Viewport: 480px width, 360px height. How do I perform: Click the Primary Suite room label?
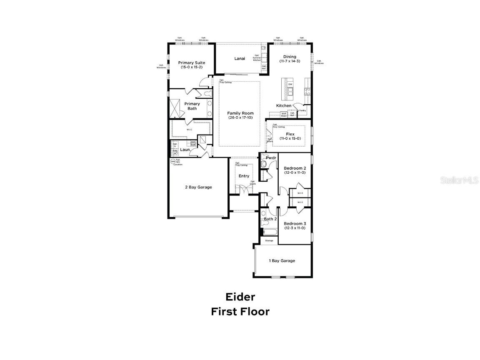[192, 62]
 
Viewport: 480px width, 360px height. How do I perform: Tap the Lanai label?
[240, 59]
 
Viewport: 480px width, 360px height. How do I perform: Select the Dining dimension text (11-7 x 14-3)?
[290, 61]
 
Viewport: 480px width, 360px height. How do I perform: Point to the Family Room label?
[240, 113]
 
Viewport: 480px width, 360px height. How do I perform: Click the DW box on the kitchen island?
[290, 84]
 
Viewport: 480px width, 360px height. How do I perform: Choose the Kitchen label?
[284, 105]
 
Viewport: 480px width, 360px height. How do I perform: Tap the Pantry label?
[302, 110]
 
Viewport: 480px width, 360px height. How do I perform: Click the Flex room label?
[290, 134]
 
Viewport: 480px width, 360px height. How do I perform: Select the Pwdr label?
[271, 158]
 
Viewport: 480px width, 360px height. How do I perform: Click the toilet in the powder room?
[263, 165]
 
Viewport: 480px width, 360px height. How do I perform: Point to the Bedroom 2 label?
[295, 168]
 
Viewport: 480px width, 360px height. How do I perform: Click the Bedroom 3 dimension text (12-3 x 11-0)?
[295, 228]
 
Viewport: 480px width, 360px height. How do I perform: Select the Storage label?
[269, 240]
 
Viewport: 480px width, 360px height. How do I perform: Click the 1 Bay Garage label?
[282, 260]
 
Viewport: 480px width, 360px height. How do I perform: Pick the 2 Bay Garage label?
[198, 187]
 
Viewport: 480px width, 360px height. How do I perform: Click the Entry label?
[244, 176]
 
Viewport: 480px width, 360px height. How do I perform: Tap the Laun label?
[185, 150]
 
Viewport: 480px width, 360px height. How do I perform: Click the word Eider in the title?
[240, 297]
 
